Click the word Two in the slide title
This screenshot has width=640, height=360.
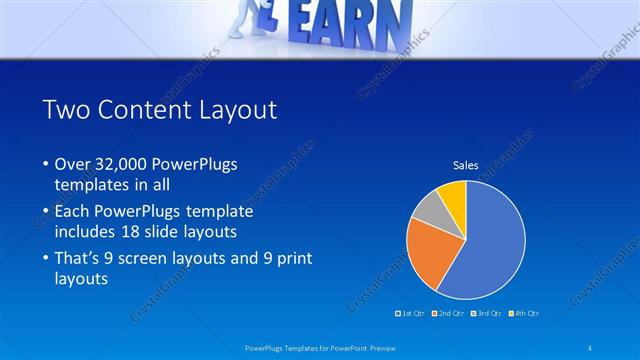pos(68,111)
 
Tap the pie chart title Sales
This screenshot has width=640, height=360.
pos(465,165)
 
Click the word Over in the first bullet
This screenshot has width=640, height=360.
pos(73,163)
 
